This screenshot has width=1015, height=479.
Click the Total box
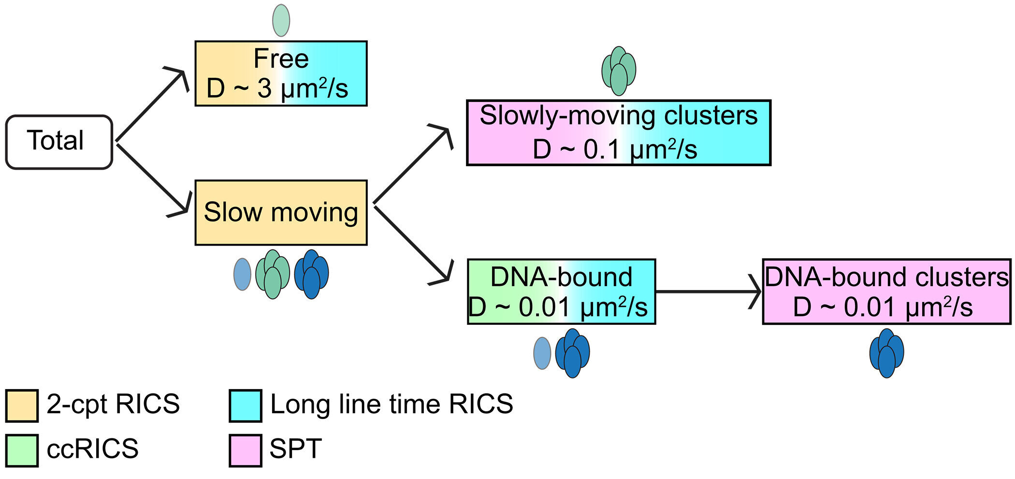point(59,142)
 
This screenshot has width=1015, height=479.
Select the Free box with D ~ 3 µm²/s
point(281,73)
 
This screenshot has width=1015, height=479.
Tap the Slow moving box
point(281,213)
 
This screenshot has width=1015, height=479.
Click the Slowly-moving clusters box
point(618,133)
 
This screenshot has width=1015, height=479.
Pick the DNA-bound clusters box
point(886,291)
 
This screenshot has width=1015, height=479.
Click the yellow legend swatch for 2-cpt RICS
point(22,406)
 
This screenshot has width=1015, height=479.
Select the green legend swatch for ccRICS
point(22,450)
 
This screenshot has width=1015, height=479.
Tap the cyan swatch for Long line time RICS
point(246,406)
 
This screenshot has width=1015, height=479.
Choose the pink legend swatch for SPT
point(246,450)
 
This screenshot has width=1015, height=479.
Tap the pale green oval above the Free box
point(281,21)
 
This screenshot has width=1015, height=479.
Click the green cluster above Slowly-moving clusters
point(618,71)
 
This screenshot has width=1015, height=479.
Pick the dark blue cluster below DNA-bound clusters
point(886,353)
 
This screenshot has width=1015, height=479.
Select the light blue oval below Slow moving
point(242,274)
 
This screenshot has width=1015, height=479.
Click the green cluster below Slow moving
point(273,274)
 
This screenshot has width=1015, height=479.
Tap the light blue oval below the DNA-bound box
point(542,353)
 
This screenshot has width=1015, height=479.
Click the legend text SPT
point(295,449)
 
